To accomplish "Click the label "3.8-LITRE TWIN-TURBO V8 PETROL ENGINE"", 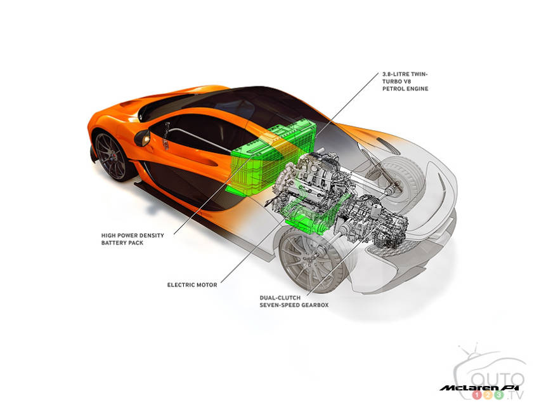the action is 405,81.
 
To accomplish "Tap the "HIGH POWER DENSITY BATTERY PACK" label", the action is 133,239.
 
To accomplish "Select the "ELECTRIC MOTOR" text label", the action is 192,285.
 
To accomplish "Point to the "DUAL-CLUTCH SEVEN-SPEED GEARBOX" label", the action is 294,302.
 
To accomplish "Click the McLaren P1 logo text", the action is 481,388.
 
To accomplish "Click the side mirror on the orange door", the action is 142,137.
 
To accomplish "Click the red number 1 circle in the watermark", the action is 477,395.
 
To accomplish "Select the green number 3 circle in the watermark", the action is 499,395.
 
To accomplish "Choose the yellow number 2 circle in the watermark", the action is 488,395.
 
